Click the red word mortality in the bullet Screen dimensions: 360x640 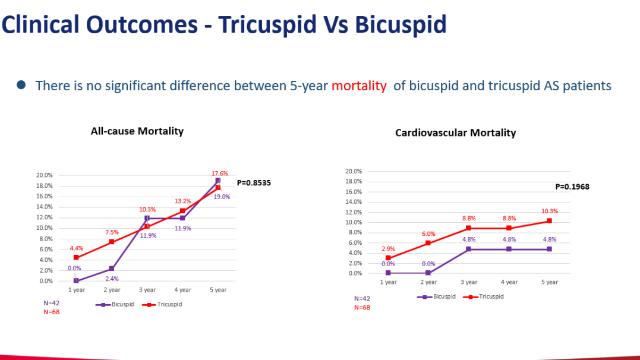tap(358, 86)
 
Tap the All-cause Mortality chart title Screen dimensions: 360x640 tap(137, 131)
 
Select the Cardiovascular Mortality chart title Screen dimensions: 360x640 tap(455, 132)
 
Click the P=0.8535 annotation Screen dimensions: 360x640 tap(254, 183)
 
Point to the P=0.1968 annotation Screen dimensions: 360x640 tap(572, 187)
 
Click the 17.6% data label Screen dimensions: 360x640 tap(220, 173)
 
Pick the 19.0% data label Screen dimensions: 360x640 tap(222, 197)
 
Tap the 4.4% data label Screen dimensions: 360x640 tap(77, 248)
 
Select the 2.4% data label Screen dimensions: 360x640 tap(112, 278)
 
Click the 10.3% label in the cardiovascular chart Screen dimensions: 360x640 tap(550, 211)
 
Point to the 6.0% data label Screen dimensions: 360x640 tap(428, 233)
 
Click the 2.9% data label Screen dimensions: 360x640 tap(388, 248)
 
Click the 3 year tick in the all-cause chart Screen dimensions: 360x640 tap(147, 290)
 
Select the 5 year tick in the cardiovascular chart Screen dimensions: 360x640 tap(550, 282)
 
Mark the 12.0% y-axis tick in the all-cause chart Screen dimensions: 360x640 tap(45, 217)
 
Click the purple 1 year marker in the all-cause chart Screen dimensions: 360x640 tap(76, 280)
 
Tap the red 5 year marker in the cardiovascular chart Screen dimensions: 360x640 tap(550, 221)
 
